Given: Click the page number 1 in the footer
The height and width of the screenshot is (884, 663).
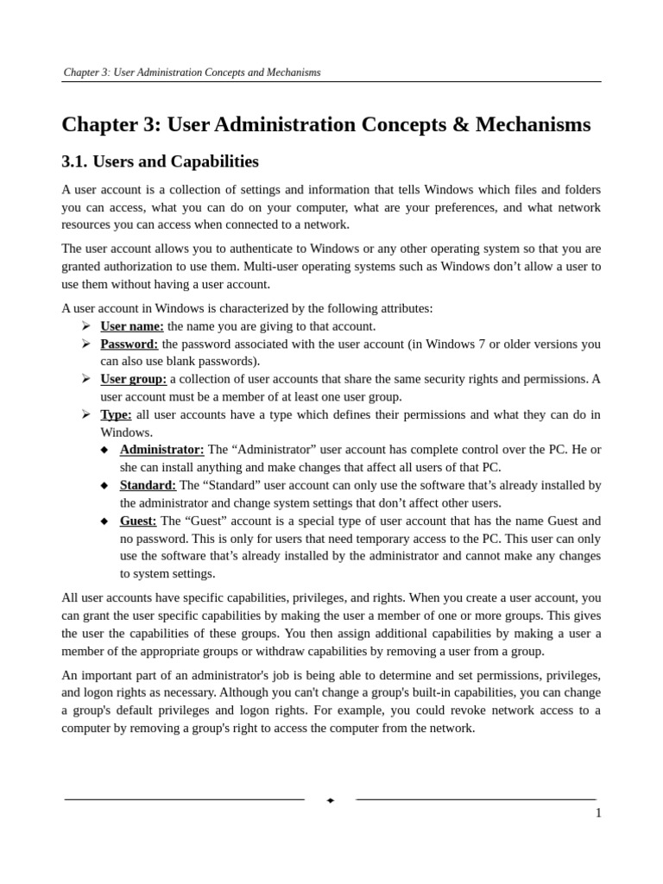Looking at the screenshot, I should (x=598, y=813).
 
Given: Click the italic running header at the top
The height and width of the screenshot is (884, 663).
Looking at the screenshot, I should (x=192, y=73).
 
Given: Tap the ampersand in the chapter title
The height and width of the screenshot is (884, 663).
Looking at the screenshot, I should (x=459, y=125).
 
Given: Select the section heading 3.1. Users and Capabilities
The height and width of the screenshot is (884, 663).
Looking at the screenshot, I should (x=160, y=161).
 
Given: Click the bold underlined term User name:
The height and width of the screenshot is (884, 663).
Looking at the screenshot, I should (x=132, y=326).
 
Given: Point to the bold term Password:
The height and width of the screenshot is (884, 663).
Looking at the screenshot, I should (x=129, y=344).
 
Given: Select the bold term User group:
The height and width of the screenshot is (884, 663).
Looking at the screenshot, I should (x=134, y=379).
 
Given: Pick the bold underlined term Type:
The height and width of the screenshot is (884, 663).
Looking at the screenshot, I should (x=117, y=414).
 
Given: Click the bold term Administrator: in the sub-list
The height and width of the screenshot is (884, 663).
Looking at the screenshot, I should (x=162, y=450).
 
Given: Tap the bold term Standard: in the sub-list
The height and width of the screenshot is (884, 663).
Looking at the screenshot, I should (x=148, y=485).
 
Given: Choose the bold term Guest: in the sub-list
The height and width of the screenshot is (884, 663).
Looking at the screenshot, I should (x=138, y=521).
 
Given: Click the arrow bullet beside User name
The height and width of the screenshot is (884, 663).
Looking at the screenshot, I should (x=85, y=325).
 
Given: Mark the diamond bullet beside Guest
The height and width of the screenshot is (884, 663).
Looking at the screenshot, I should (x=104, y=521).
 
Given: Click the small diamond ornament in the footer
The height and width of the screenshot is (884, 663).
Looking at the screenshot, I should (x=331, y=800).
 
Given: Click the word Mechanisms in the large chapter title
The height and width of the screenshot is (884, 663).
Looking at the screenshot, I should (x=533, y=125).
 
